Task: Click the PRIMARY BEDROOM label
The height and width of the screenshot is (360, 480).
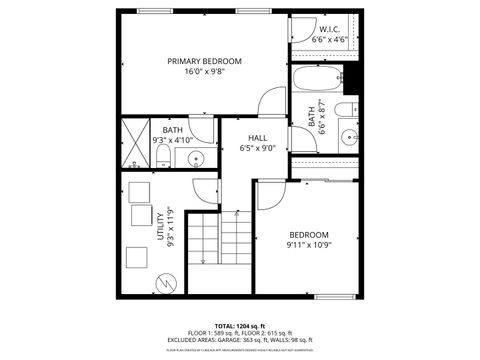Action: click(204, 61)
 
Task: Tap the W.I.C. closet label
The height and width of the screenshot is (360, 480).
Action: click(330, 30)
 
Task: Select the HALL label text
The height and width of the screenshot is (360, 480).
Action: click(258, 138)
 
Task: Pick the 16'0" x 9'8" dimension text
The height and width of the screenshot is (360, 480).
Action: click(204, 72)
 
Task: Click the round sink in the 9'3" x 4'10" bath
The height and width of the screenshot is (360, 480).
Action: click(196, 157)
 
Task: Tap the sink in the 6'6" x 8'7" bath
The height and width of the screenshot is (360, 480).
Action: click(349, 136)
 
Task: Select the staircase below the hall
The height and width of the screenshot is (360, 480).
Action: click(220, 245)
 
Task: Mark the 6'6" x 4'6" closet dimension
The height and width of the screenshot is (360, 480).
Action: click(330, 40)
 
